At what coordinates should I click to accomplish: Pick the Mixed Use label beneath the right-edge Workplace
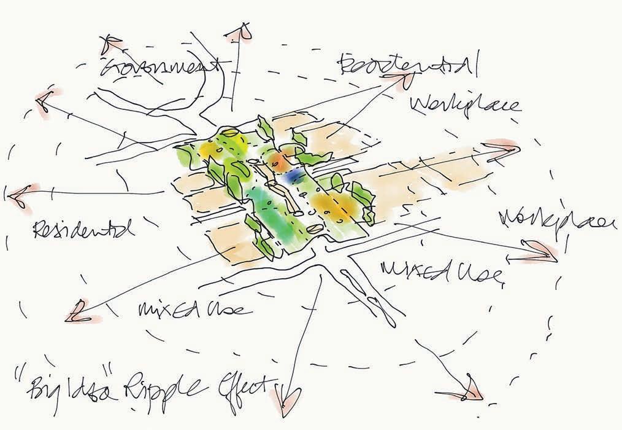442,270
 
